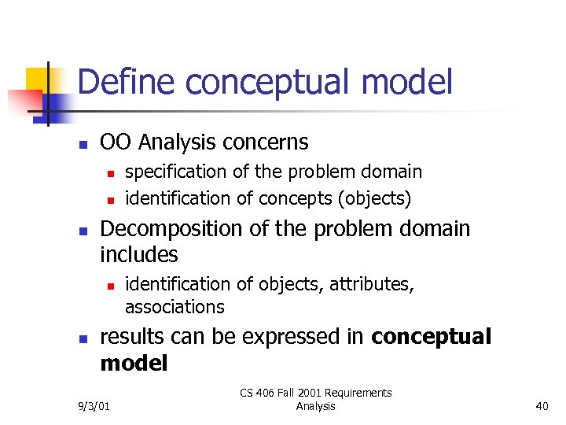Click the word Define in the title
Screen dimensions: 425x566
pos(125,83)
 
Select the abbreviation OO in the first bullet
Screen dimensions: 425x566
pos(116,142)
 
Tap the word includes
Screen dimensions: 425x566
pos(139,255)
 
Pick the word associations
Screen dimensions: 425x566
pos(175,306)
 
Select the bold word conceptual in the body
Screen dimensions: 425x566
pos(431,338)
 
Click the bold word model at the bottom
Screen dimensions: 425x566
pos(134,363)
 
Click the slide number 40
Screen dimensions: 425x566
pos(541,406)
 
